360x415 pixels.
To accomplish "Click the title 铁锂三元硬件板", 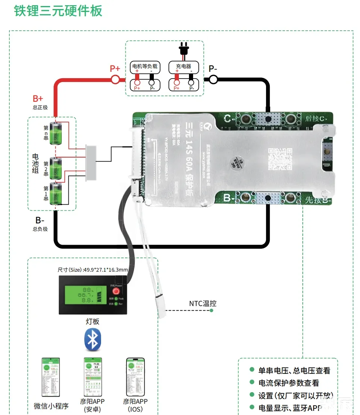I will pyautogui.click(x=58, y=10).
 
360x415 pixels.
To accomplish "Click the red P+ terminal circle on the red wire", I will pyautogui.click(x=115, y=79).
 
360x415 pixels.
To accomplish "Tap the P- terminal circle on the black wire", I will pyautogui.click(x=213, y=79).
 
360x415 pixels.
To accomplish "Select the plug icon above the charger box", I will pyautogui.click(x=183, y=51).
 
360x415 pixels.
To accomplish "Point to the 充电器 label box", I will pyautogui.click(x=183, y=67).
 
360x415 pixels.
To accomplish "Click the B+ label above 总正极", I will pyautogui.click(x=38, y=99).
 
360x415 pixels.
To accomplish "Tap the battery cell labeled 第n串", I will pyautogui.click(x=57, y=133).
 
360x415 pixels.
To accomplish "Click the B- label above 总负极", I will pyautogui.click(x=40, y=220).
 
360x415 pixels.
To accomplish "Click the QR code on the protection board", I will pyautogui.click(x=279, y=158).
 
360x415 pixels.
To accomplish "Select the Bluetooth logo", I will pyautogui.click(x=92, y=340).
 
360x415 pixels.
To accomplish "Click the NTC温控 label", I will pyautogui.click(x=202, y=303).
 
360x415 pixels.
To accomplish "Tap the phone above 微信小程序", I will pyautogui.click(x=51, y=377).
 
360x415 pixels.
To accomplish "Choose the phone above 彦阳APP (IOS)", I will pyautogui.click(x=135, y=377).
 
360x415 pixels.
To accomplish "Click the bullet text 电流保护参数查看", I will pyautogui.click(x=289, y=383).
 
